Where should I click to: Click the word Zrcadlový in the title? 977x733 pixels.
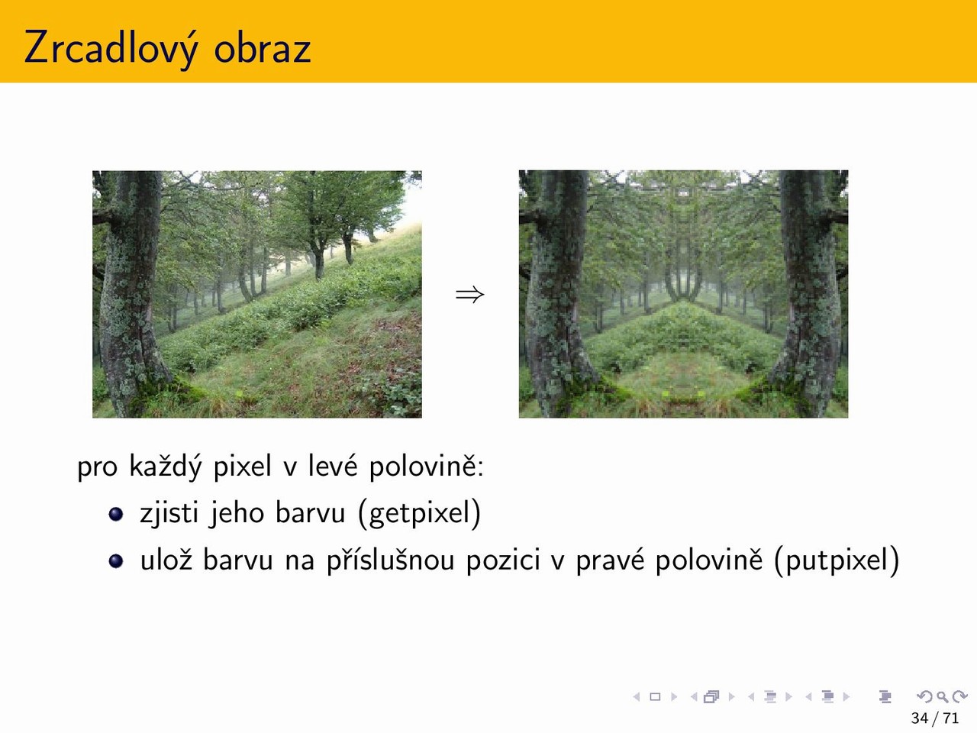111,48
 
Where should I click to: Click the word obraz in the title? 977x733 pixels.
262,47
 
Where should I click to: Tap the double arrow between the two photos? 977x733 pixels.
469,295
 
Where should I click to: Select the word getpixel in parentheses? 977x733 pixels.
419,513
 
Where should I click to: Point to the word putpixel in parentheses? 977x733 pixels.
837,560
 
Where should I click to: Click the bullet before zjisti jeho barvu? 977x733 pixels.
116,514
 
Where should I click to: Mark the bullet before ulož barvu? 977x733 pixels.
116,560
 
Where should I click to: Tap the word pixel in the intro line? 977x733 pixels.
243,467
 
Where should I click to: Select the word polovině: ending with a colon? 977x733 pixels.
427,467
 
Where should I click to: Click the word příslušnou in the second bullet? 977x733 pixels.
390,560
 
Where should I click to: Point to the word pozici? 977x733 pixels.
503,560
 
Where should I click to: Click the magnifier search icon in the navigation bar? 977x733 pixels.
943,696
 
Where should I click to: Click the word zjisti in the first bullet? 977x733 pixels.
169,512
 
